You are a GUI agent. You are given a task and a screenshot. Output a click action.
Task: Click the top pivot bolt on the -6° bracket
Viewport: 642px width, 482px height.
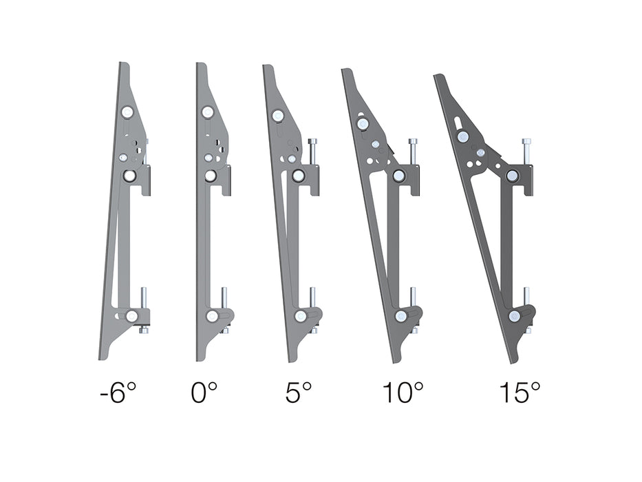128,112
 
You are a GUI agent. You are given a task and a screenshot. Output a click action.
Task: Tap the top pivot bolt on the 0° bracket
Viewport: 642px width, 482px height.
207,112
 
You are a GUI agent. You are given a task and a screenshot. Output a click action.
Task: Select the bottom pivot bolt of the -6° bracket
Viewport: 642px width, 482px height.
131,316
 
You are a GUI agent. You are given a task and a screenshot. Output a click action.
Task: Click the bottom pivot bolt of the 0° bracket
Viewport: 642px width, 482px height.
211,316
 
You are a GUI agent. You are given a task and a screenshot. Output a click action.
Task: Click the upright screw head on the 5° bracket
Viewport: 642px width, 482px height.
314,142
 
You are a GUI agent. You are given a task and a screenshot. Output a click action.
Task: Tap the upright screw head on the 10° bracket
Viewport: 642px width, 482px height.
413,143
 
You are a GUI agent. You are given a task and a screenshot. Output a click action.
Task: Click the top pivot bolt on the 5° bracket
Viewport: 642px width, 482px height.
279,116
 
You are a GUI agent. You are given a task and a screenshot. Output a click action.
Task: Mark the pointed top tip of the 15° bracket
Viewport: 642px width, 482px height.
436,76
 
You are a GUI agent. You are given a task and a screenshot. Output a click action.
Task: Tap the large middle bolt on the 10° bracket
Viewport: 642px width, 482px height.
398,176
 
